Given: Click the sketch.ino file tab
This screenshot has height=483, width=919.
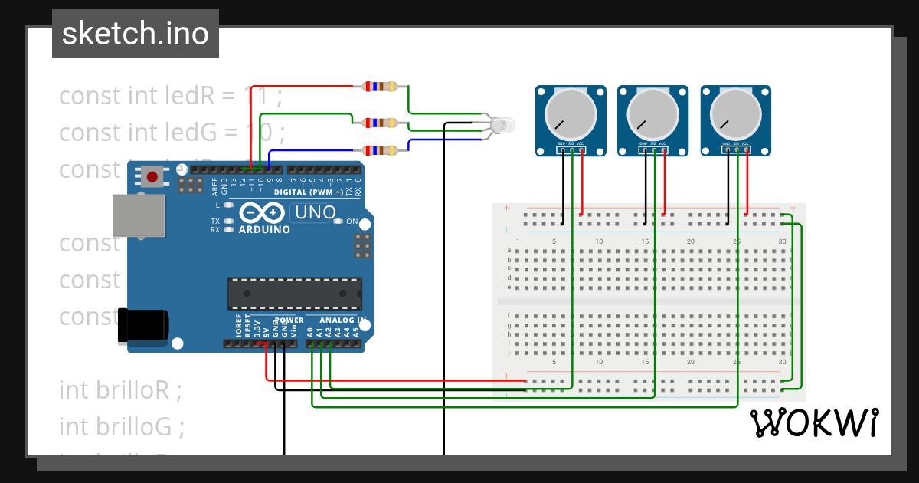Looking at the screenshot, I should click(x=136, y=34).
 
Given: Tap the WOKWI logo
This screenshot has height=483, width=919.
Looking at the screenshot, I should click(x=813, y=423).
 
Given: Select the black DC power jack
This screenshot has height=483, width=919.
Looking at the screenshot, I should click(x=142, y=324).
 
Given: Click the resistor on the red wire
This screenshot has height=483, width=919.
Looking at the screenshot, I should click(x=381, y=87).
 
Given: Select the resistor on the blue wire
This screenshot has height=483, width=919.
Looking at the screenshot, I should click(x=381, y=150).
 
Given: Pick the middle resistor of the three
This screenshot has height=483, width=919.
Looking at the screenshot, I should click(x=381, y=123).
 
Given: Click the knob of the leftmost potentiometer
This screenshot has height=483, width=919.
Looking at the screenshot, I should click(x=570, y=115).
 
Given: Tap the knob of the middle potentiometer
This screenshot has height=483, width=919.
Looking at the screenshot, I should click(x=652, y=115).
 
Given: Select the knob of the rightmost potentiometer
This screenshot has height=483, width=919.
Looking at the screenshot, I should click(x=735, y=115).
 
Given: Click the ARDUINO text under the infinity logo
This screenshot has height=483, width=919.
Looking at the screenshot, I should click(x=264, y=229).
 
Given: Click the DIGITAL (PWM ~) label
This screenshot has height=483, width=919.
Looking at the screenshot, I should click(x=309, y=192).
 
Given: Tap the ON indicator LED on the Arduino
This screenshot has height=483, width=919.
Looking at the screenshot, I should click(x=338, y=222).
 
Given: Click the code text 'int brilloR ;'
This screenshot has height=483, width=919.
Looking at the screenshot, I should click(x=120, y=389).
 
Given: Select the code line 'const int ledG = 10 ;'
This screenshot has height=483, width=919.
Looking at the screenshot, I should click(x=172, y=133).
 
